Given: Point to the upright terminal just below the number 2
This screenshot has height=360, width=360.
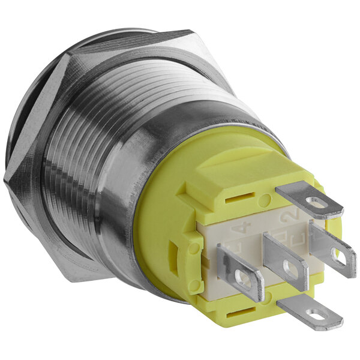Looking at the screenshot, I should coord(334,248).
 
